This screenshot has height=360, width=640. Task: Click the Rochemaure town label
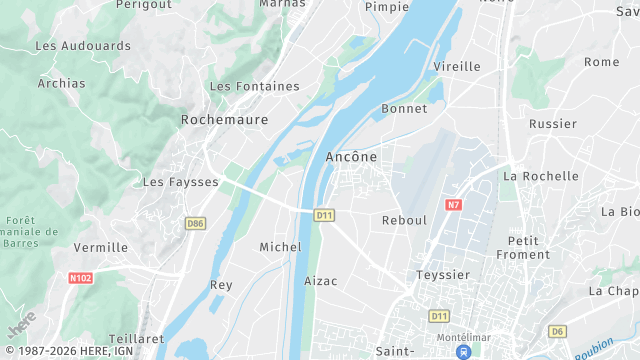tap(225, 119)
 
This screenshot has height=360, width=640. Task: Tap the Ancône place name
tap(351, 157)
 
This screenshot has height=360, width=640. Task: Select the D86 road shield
tap(195, 224)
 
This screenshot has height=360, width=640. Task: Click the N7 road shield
tap(453, 205)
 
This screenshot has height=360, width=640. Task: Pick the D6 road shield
tap(557, 331)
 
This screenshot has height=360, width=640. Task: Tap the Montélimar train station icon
tap(462, 352)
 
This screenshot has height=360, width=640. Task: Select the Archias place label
tap(62, 84)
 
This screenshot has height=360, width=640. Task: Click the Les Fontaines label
tap(255, 86)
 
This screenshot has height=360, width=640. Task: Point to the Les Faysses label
tap(180, 182)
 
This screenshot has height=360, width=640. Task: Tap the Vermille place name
tap(101, 247)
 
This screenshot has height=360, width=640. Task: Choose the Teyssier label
tap(443, 274)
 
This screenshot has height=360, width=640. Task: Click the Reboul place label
tap(404, 220)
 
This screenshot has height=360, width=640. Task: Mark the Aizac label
tap(320, 281)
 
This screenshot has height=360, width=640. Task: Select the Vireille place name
tap(457, 67)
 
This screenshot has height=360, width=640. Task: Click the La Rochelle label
tap(541, 176)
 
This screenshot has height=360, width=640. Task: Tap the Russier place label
tap(553, 124)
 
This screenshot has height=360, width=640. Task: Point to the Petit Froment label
tap(529, 247)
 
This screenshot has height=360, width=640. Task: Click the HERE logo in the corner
tap(22, 325)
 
